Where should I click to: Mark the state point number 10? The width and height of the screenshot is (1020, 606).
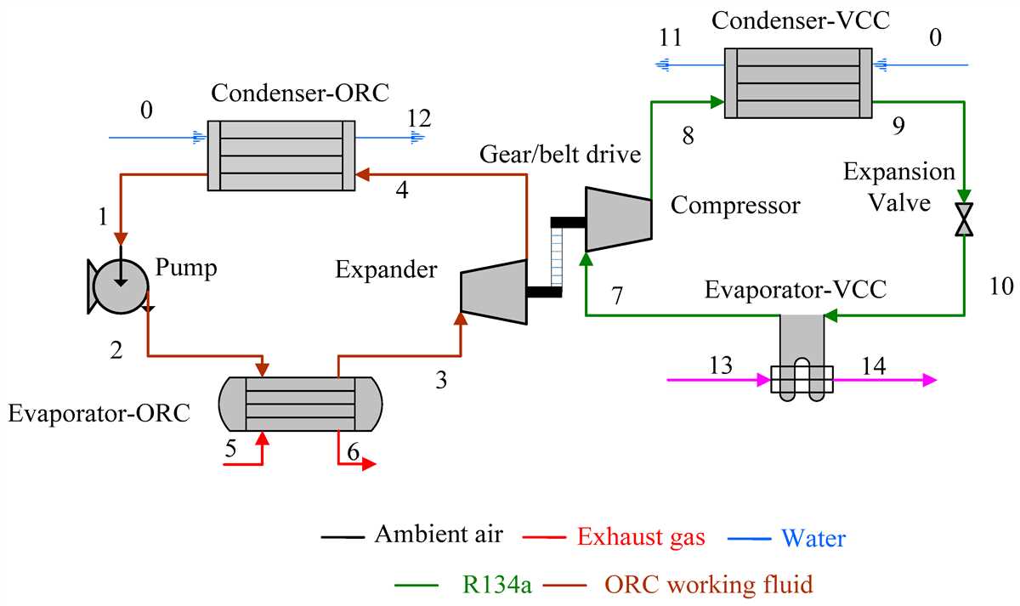coord(1000,286)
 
